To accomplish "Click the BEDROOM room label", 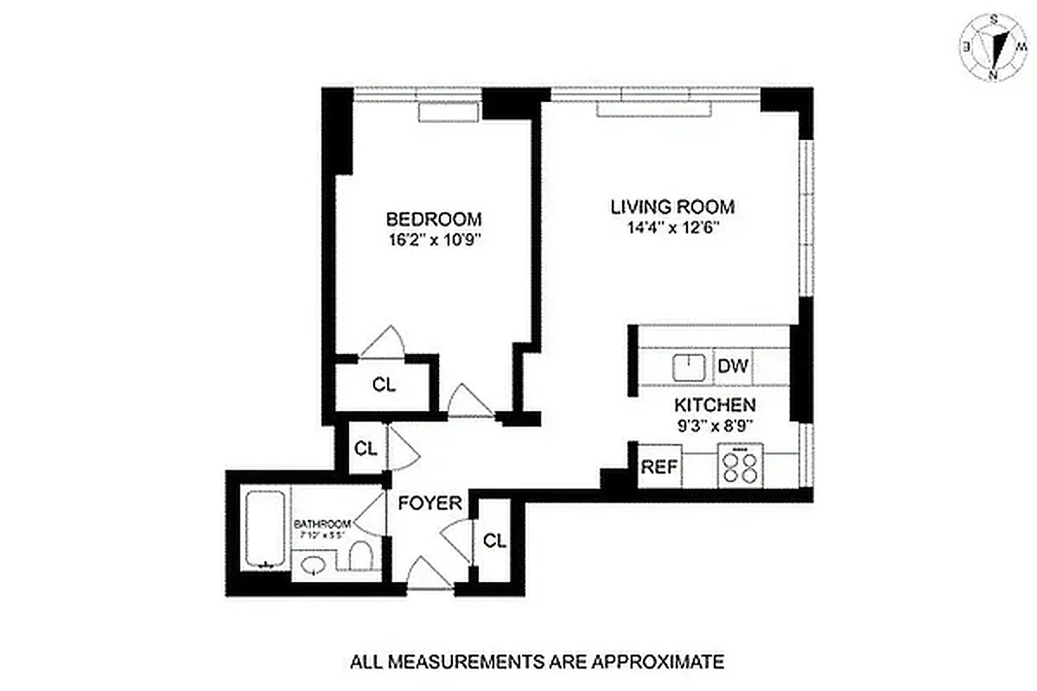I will tap(433, 219).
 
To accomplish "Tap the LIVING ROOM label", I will tap(672, 207).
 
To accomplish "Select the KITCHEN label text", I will tap(715, 404).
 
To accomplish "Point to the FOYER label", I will tap(429, 503).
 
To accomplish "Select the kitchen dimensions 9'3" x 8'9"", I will tap(715, 424).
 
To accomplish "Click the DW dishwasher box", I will tap(733, 366).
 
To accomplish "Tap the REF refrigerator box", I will tap(659, 468).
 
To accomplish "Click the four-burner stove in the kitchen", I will tap(739, 468).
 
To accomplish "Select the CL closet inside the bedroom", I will tap(384, 385).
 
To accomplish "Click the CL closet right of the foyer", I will tap(493, 541).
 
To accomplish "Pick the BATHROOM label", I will tap(321, 523).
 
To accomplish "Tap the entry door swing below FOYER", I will tap(428, 575).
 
